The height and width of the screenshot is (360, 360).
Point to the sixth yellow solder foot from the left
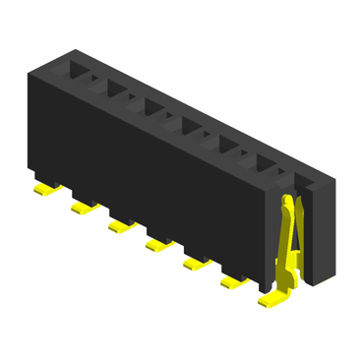(x=232, y=283)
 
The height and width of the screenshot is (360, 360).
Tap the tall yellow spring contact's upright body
(x=286, y=246)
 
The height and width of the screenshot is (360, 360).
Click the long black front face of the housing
(x=148, y=177)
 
